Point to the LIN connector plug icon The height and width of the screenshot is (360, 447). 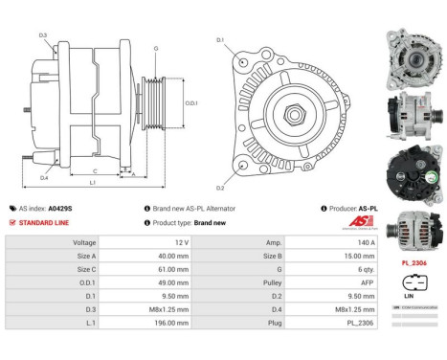pos(413,284)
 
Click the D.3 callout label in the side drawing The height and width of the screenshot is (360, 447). pos(44,35)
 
